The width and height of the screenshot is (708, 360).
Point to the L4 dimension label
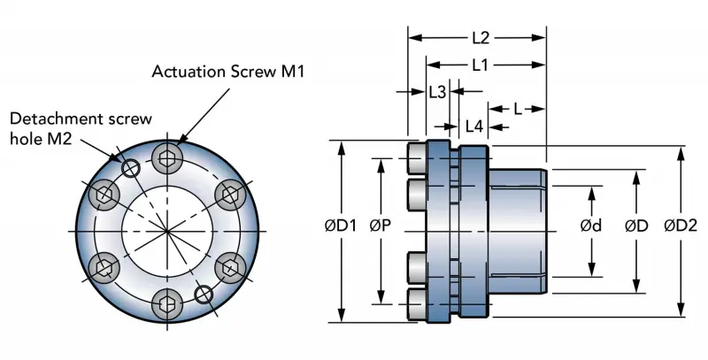(x=474, y=126)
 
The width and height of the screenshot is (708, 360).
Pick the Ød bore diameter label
(x=591, y=226)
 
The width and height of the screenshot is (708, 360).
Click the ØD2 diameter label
(x=681, y=226)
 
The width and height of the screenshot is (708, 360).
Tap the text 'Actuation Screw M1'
(x=228, y=71)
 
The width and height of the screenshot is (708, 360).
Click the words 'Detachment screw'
(x=81, y=118)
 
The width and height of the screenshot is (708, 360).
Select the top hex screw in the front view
(x=167, y=159)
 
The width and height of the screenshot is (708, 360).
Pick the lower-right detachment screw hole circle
(x=204, y=293)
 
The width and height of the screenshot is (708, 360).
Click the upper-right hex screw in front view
(x=228, y=193)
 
